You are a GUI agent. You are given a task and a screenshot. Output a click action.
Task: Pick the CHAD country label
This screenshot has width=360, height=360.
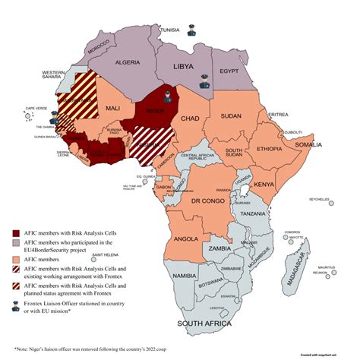(x=191, y=119)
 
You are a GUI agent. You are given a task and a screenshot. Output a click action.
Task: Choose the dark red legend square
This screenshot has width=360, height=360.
(x=17, y=232)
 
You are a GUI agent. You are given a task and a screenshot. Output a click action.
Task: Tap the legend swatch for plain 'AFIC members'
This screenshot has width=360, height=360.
(x=17, y=260)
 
